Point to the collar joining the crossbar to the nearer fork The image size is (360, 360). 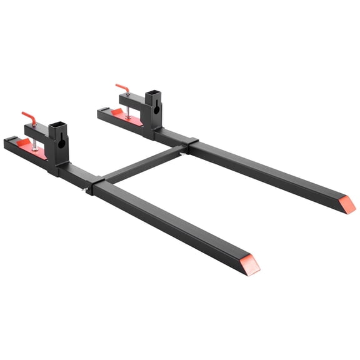pos(97,186)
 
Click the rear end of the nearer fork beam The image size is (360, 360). pos(9,145)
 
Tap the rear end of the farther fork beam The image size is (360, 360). pos(102,114)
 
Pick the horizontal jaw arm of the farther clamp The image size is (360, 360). pos(132,98)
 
